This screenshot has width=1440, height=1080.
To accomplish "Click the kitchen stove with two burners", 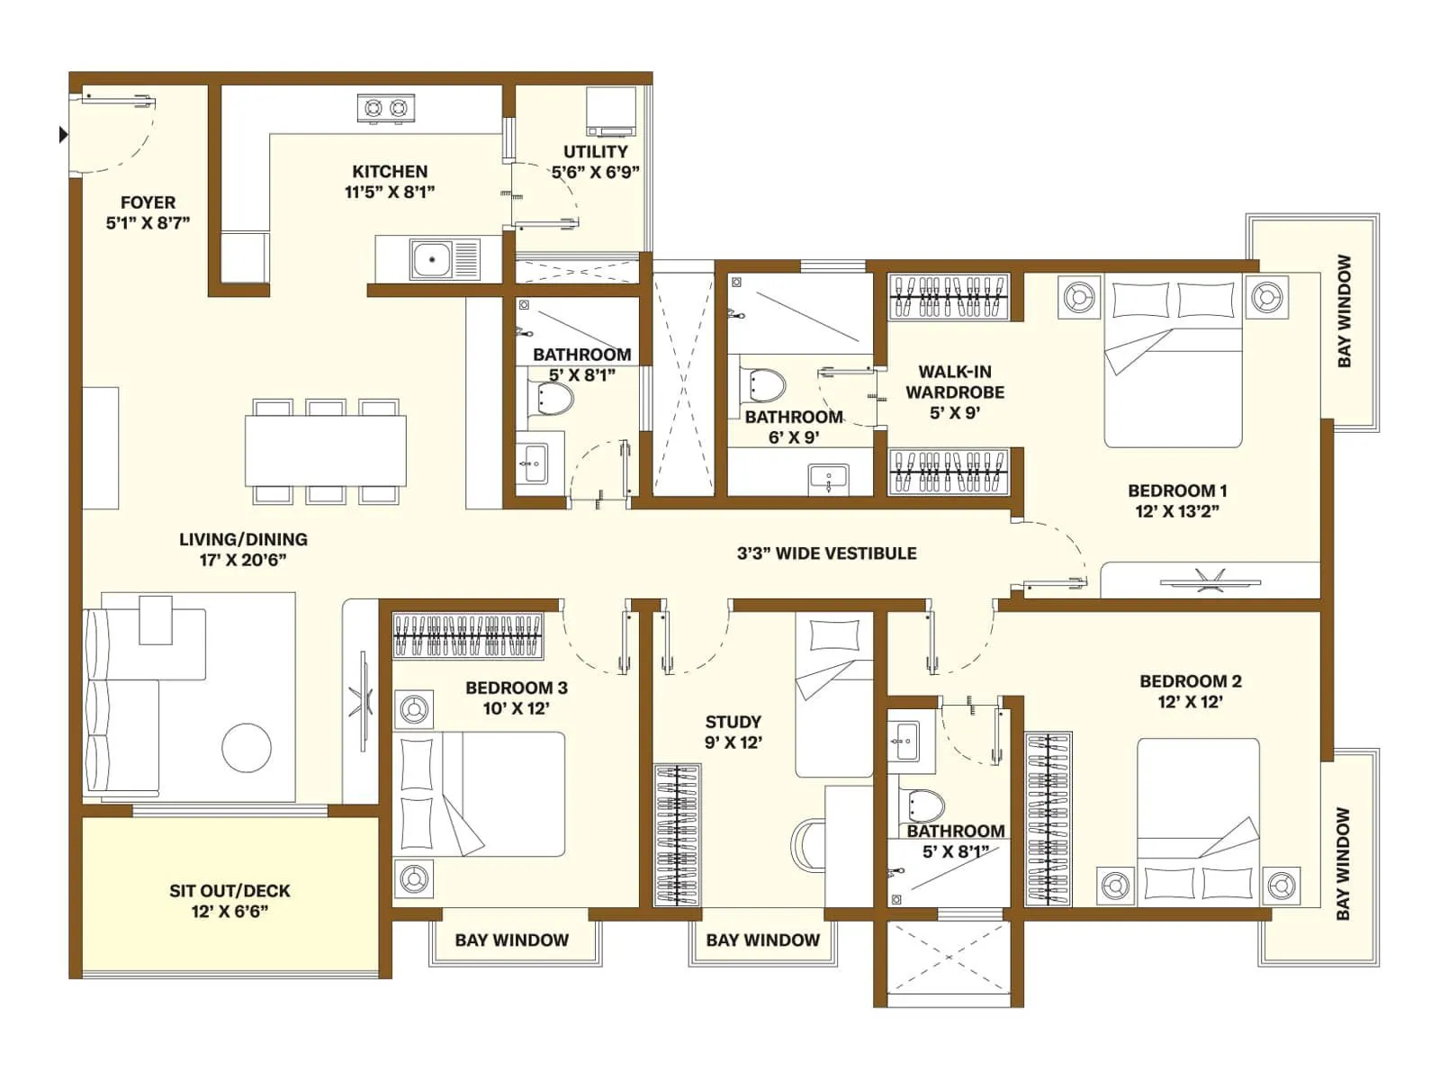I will click(386, 109).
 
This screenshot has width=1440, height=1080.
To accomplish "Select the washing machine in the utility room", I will click(611, 111).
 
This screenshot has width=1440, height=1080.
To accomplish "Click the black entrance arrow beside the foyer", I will click(63, 135).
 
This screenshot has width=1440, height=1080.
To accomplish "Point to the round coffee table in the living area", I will click(247, 747).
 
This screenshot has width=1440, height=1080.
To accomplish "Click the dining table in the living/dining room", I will click(326, 450).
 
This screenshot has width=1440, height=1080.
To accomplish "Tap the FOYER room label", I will click(148, 202).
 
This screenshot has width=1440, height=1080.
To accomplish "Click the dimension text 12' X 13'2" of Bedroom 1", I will click(1176, 511).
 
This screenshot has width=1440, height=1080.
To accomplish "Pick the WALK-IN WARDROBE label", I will click(955, 382).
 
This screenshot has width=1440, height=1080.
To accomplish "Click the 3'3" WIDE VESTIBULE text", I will click(826, 553).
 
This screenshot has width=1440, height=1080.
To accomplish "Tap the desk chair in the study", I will click(807, 844).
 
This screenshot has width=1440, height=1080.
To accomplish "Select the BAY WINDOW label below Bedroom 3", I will click(511, 940).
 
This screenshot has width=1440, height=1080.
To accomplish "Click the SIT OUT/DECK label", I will click(229, 891).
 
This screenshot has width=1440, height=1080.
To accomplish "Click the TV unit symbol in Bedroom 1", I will click(1203, 580).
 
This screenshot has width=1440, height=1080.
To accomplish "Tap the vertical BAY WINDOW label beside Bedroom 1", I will click(1344, 311).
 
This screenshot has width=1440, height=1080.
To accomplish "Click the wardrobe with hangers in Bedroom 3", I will click(468, 635).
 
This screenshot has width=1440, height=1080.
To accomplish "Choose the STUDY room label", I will click(733, 722).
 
